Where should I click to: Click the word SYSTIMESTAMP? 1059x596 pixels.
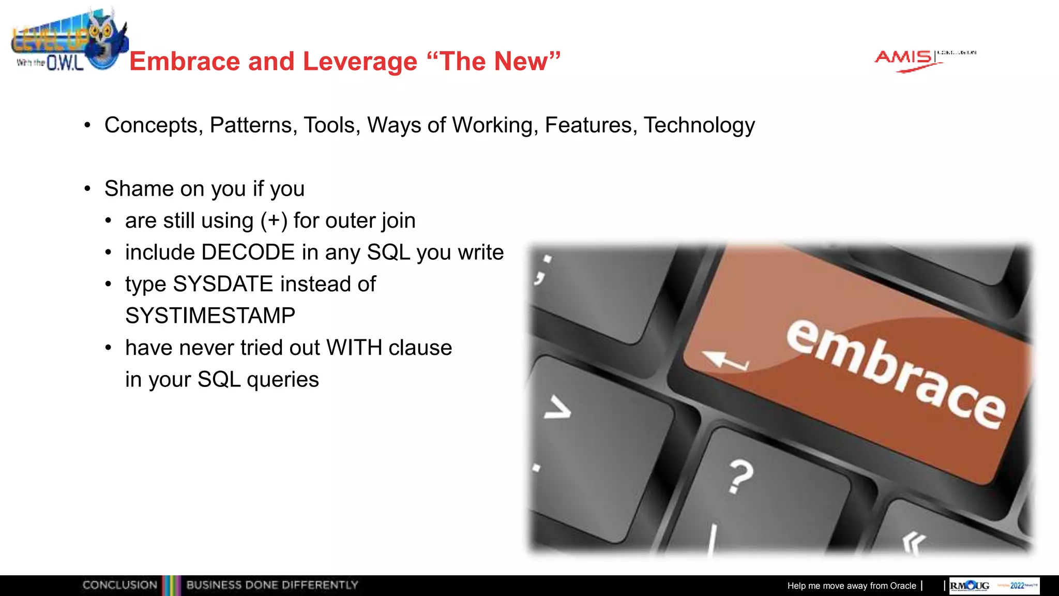tap(210, 316)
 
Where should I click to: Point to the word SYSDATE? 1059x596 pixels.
tap(223, 284)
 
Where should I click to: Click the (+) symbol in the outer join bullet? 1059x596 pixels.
tap(274, 221)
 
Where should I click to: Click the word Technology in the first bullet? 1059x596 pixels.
tap(699, 126)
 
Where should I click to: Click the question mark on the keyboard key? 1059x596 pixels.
tap(740, 476)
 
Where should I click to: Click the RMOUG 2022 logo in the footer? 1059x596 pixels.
tap(994, 586)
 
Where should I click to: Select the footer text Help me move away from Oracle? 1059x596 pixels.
tap(851, 586)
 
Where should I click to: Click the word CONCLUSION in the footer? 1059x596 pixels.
tap(120, 585)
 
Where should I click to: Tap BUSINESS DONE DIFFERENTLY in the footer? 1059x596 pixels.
tap(272, 585)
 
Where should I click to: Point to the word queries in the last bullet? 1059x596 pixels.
tap(283, 380)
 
